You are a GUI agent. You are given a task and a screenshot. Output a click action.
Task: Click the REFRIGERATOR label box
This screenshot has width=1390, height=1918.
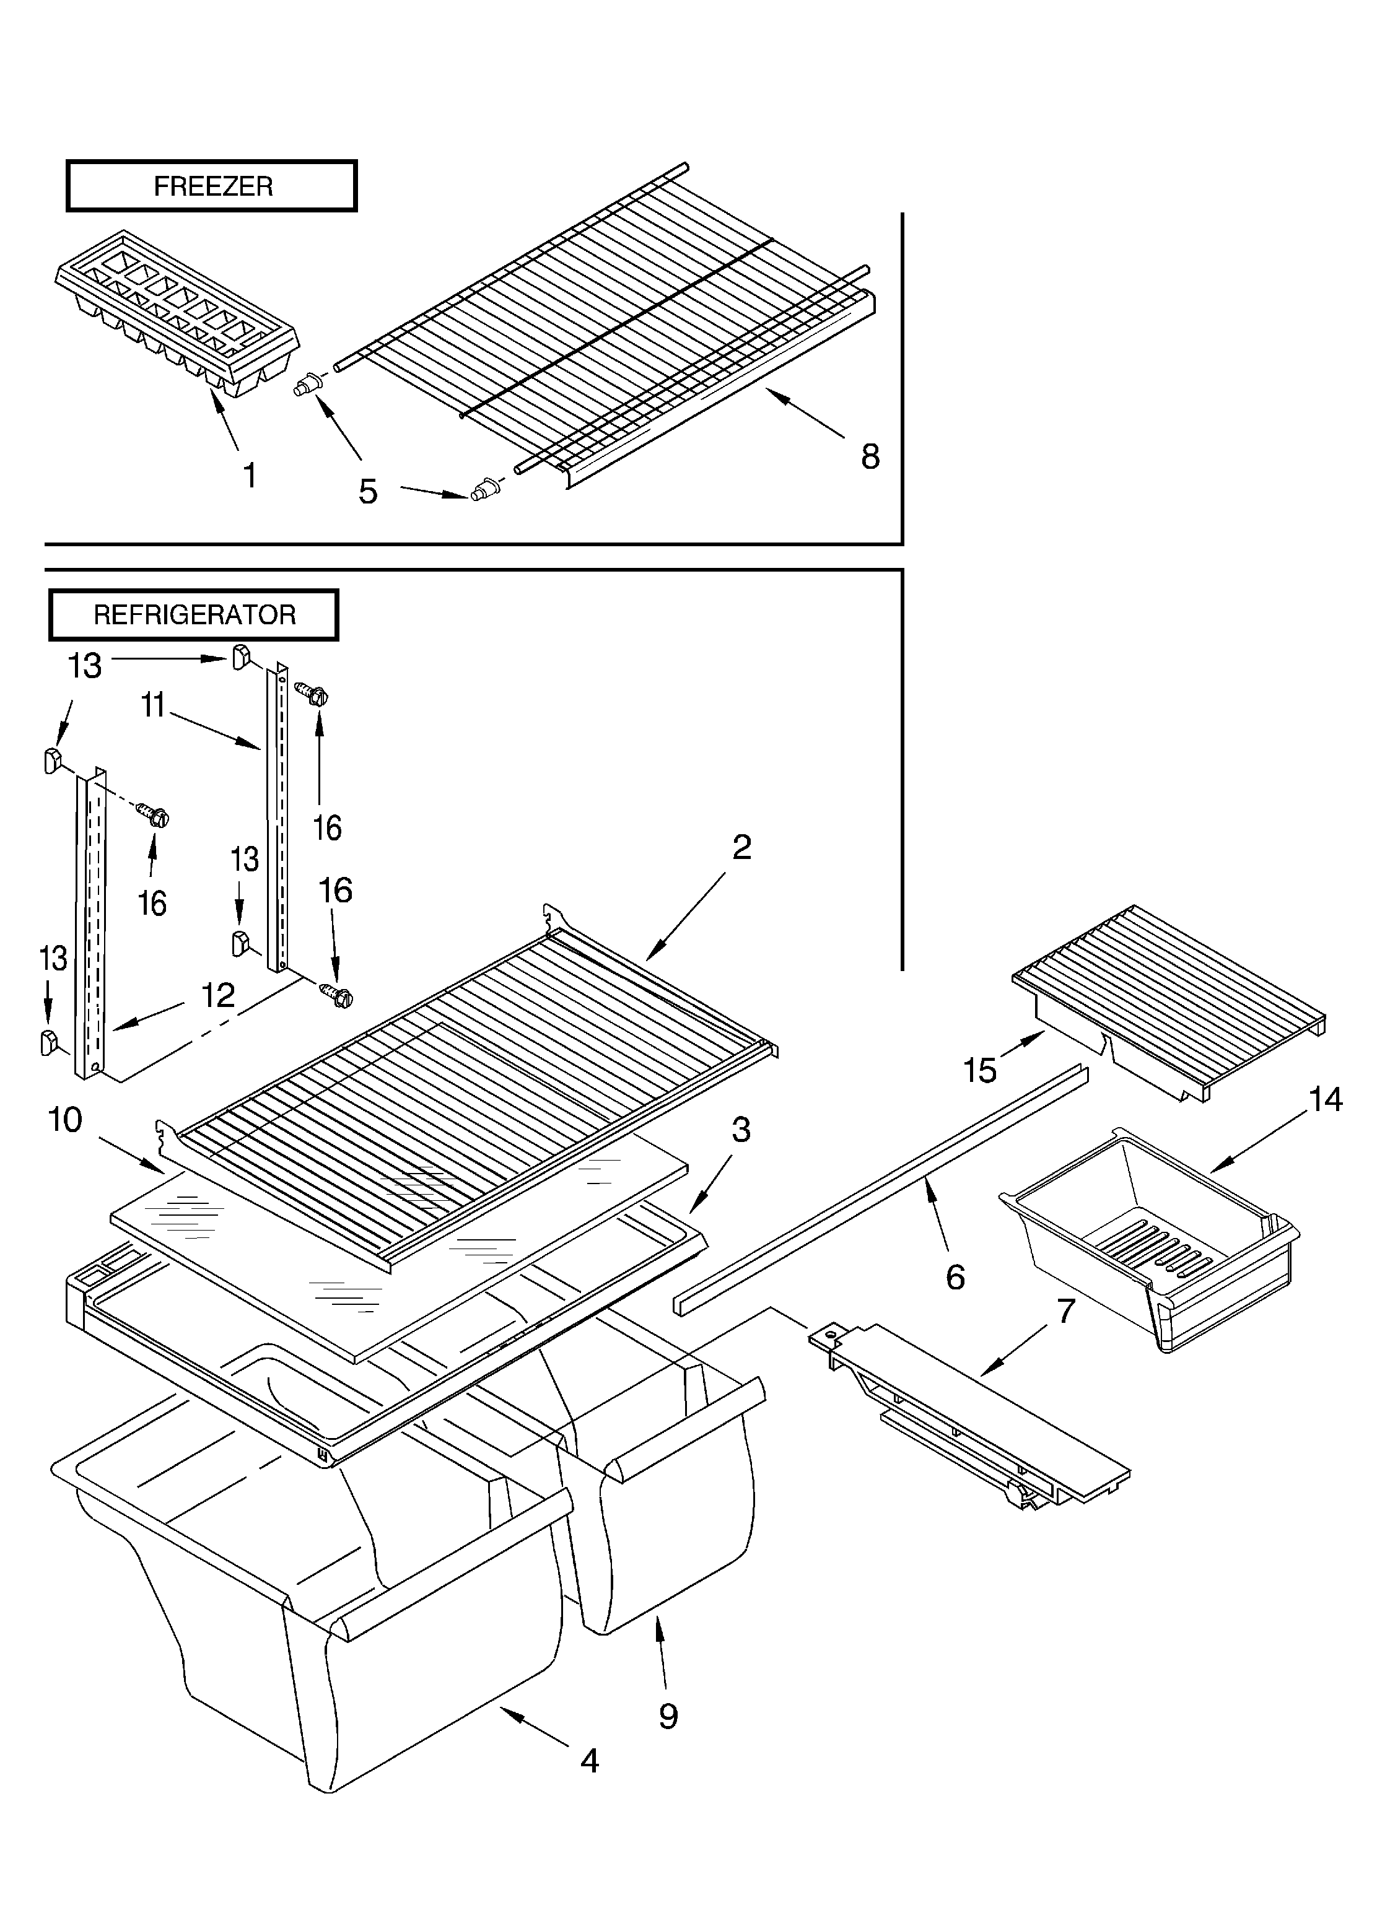click(194, 615)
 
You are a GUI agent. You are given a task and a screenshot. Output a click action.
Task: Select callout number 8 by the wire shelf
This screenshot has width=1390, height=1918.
click(870, 456)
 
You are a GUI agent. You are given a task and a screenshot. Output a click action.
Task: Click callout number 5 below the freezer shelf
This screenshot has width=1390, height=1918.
click(367, 491)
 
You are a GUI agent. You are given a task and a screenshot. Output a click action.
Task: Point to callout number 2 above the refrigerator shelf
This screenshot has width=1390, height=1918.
click(741, 847)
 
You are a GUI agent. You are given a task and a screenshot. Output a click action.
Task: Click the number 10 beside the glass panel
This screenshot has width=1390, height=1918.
click(65, 1120)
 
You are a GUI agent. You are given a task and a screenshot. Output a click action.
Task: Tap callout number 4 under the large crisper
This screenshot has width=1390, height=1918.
click(590, 1760)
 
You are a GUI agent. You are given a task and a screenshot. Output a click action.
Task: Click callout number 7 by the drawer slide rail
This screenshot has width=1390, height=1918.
click(1066, 1311)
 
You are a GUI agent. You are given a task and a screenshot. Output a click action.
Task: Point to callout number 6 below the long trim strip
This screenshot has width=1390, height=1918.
click(955, 1277)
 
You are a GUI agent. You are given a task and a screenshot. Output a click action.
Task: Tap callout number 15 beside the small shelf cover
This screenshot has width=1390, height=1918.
click(980, 1071)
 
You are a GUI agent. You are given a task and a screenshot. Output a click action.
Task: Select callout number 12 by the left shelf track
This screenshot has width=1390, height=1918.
click(217, 995)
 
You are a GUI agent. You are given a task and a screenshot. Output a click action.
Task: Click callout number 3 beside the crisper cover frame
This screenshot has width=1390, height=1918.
click(741, 1130)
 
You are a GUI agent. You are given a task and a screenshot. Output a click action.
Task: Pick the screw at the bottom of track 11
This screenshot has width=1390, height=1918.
click(337, 995)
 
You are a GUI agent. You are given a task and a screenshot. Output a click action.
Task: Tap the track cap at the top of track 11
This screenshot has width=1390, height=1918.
click(240, 655)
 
